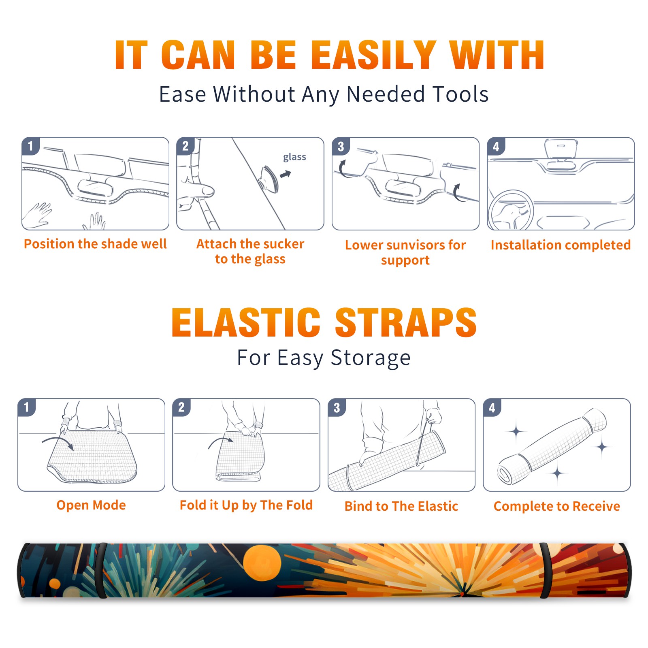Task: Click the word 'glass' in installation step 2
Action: [294, 157]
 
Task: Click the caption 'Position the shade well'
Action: [95, 244]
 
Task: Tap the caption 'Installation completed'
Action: [561, 245]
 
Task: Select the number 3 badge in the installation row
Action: [341, 146]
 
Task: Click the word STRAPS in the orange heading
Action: [406, 322]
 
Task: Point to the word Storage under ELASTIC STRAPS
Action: [371, 358]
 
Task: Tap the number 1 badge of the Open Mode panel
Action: [27, 407]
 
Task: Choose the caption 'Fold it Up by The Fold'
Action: [246, 505]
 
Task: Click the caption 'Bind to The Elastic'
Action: [401, 506]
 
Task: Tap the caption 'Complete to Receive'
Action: [557, 506]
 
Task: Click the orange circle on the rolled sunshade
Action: [262, 563]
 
